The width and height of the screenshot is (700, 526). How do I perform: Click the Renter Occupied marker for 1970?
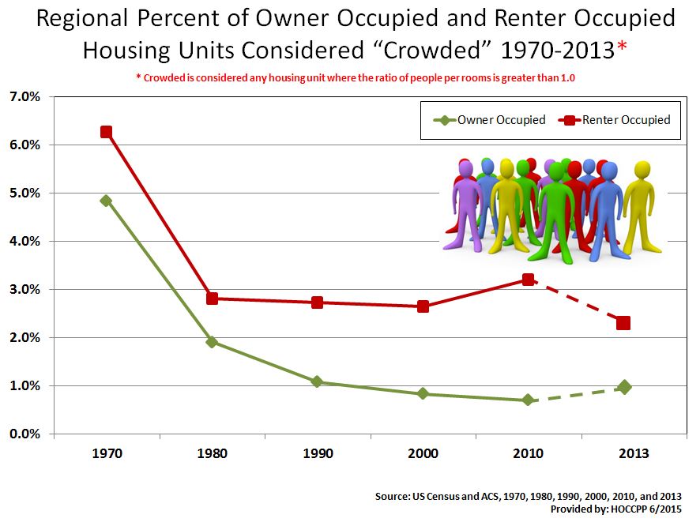point(106,132)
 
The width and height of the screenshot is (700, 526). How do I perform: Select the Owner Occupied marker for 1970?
point(106,201)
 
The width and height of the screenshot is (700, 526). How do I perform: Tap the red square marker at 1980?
point(212,299)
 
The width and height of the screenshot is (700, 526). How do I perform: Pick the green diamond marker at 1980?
point(212,342)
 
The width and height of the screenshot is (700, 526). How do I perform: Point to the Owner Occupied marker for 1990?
point(317,381)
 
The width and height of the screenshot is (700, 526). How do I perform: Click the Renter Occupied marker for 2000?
point(423,306)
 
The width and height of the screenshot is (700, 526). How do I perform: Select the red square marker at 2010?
point(528,280)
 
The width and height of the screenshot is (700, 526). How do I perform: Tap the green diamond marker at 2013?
point(624,387)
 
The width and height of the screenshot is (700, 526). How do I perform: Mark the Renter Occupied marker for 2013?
point(624,323)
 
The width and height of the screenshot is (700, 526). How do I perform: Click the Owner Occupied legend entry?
point(490,120)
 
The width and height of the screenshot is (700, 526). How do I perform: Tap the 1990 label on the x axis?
point(317,454)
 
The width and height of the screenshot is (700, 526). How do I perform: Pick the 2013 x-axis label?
point(634,454)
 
